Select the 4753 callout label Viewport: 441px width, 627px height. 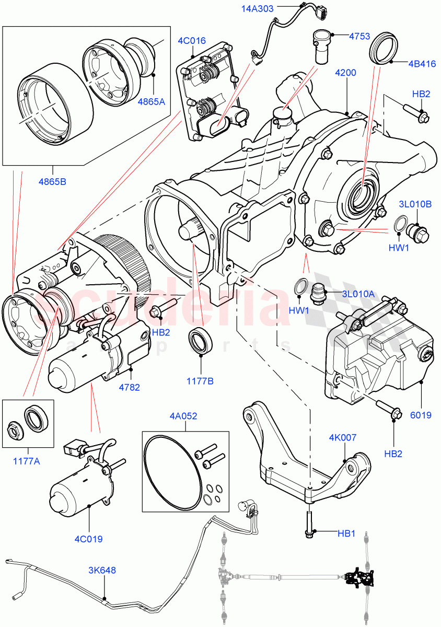pyautogui.click(x=359, y=36)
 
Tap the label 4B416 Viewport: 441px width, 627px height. pyautogui.click(x=422, y=64)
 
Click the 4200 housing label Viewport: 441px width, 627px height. pyautogui.click(x=345, y=73)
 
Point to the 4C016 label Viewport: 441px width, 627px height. pyautogui.click(x=192, y=40)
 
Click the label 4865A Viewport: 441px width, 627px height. pyautogui.click(x=151, y=101)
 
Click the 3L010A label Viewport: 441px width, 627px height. pyautogui.click(x=358, y=294)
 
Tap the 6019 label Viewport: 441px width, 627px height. pyautogui.click(x=421, y=415)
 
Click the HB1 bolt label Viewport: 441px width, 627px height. pyautogui.click(x=346, y=533)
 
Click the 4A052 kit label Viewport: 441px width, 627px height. pyautogui.click(x=183, y=416)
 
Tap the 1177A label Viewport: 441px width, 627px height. pyautogui.click(x=28, y=462)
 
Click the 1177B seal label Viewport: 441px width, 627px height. pyautogui.click(x=200, y=381)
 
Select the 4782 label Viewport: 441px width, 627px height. pyautogui.click(x=130, y=388)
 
